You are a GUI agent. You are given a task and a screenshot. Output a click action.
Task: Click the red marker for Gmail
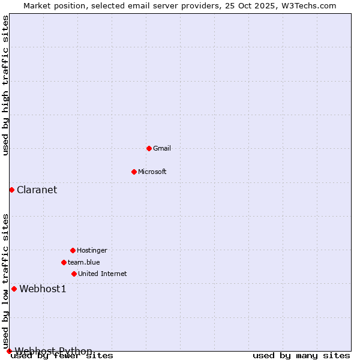149,148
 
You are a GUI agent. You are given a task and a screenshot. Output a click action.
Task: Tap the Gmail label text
162,148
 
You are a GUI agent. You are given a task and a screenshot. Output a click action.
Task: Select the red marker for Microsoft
134,172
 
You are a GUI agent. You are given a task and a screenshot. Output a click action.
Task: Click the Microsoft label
152,172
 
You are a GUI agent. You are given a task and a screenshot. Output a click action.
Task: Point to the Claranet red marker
11,190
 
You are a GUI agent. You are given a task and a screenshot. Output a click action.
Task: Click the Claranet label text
37,190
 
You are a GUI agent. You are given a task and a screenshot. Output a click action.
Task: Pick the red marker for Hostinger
73,250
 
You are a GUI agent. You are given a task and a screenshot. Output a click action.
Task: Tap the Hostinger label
92,250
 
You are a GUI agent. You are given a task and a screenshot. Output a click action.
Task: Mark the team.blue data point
64,262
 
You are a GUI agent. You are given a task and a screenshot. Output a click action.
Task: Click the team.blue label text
83,262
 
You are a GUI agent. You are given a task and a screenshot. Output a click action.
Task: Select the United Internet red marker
74,274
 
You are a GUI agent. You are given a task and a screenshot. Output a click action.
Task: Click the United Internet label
102,274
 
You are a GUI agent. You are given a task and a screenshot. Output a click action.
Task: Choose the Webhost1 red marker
14,289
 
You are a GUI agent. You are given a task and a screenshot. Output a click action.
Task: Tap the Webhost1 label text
43,289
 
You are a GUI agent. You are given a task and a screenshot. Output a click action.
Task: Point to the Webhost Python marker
9,351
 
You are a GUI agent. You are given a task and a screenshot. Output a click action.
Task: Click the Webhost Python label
53,351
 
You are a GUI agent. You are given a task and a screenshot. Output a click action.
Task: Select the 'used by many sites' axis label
301,356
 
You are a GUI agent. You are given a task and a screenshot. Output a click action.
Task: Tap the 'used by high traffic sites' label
5,85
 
